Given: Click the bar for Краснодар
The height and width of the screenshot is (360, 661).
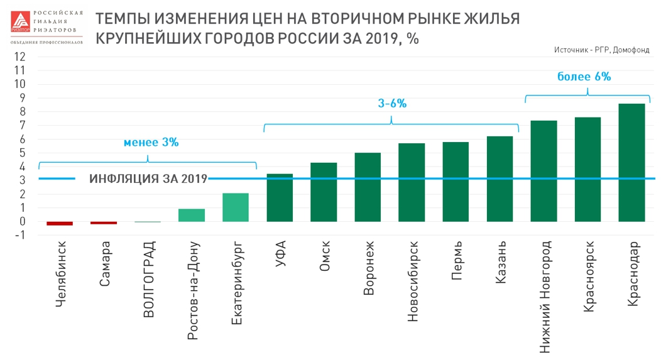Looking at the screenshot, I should [x=631, y=163].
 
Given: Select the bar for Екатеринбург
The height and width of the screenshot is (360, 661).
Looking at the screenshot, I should [x=236, y=207].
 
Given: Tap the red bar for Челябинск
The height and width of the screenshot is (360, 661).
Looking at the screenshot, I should [x=60, y=223].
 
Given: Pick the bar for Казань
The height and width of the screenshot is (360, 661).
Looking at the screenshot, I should [x=500, y=179].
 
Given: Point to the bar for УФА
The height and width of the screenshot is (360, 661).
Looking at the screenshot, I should [x=280, y=198].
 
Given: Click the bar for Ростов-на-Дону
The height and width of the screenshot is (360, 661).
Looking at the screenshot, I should [x=192, y=215].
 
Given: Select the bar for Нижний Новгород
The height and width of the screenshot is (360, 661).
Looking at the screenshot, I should [x=544, y=171].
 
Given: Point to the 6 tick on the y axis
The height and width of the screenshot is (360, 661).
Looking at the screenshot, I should [x=21, y=139].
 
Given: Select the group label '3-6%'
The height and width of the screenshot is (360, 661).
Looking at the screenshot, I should [x=392, y=104].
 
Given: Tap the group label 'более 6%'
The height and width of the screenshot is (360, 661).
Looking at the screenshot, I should [x=584, y=77].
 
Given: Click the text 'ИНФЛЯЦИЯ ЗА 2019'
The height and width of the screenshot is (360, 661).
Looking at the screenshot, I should [x=148, y=179].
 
